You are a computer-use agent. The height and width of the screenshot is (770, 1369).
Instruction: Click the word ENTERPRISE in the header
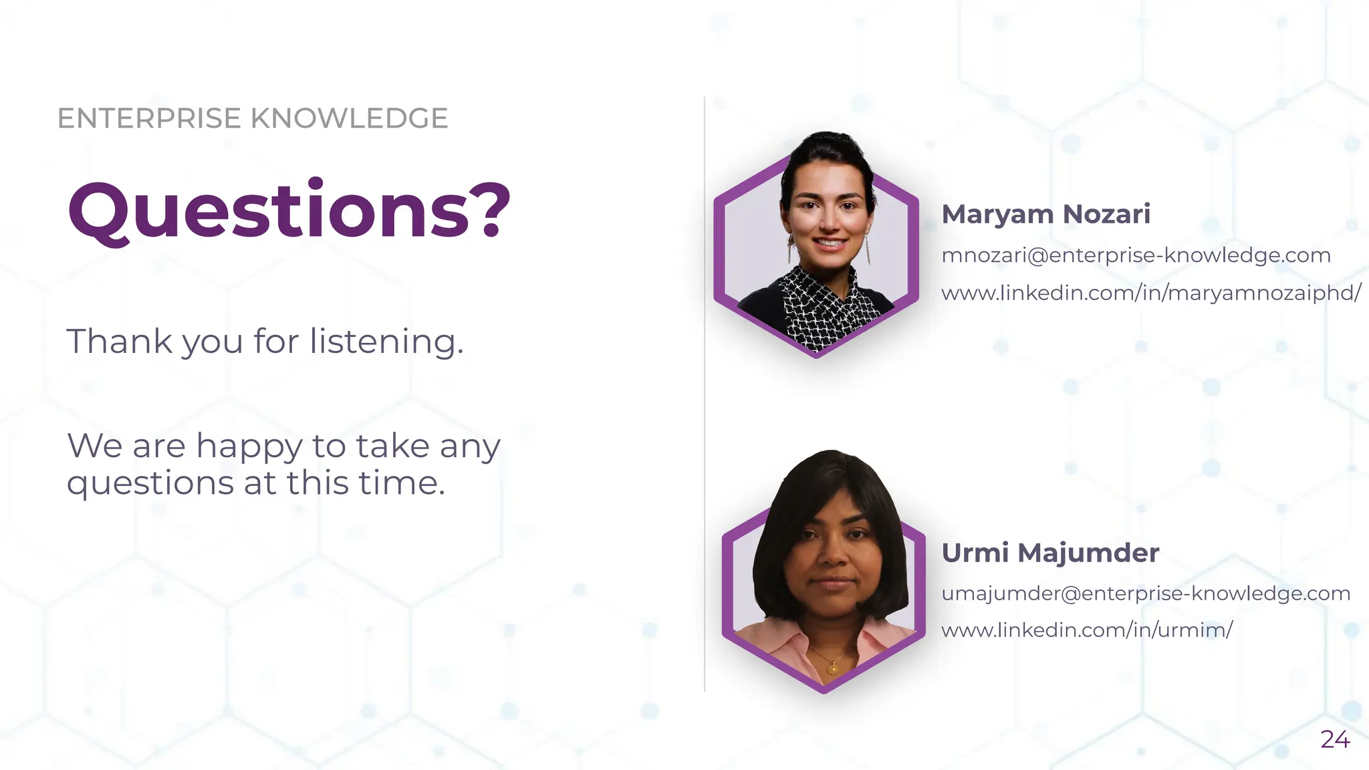coord(149,118)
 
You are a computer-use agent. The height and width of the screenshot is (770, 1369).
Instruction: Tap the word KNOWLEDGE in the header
coord(349,118)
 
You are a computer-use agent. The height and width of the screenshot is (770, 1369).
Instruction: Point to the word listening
coord(386,342)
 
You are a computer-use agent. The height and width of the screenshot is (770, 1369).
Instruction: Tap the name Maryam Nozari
coord(1045,214)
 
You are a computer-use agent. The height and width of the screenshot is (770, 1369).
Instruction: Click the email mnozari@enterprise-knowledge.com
coord(1136,255)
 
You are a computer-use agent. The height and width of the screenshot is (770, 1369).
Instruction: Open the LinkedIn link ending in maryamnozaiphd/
coord(1150,293)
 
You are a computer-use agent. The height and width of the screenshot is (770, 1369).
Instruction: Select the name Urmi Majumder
coord(1050,553)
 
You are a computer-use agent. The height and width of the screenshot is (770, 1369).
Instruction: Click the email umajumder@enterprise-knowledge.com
coord(1146,593)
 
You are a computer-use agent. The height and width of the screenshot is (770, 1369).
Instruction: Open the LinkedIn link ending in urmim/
coord(1087,630)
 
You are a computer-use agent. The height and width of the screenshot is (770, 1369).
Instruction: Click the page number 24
coord(1335,739)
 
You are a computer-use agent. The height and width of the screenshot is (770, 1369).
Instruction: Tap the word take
coord(392,446)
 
